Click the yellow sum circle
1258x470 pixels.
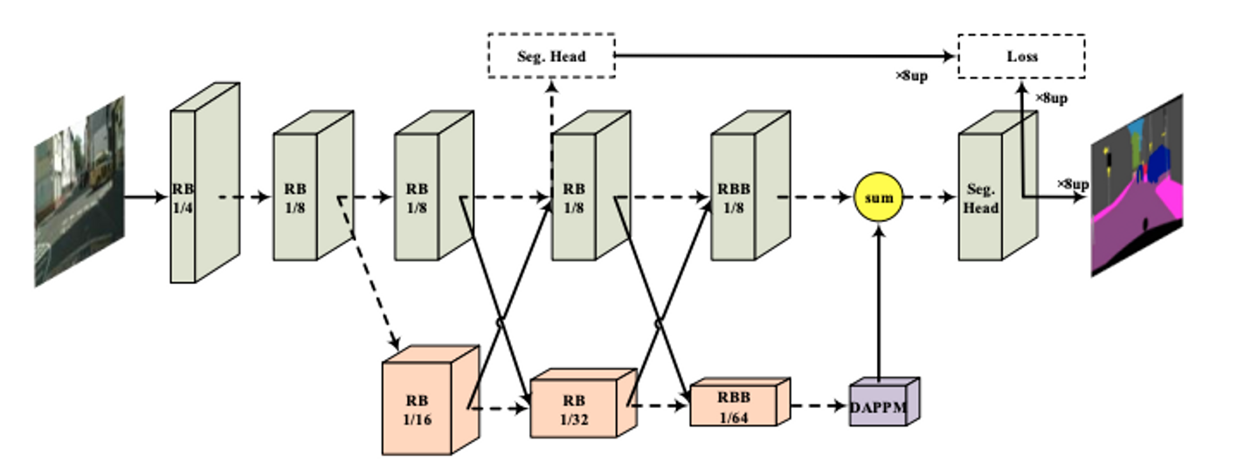[x=878, y=197]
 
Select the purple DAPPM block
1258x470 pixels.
[x=879, y=405]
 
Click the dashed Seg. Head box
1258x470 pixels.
[x=551, y=56]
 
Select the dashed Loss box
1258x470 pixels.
[x=1021, y=56]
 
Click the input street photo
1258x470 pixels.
[x=79, y=190]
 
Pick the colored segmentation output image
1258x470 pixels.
[x=1136, y=185]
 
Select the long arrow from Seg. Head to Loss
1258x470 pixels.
[x=786, y=56]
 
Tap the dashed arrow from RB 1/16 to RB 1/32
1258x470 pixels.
[x=500, y=407]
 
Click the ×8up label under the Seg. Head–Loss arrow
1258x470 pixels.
[x=911, y=76]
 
